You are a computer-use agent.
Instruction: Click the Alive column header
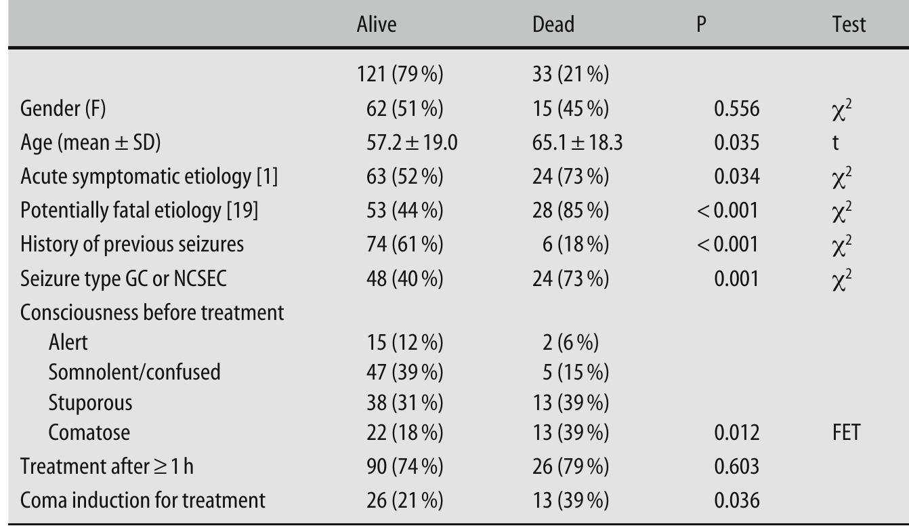tap(377, 25)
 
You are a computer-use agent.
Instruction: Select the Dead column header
tap(553, 25)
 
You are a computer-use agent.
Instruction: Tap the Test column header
tap(849, 25)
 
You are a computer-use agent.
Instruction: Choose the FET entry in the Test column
tap(845, 432)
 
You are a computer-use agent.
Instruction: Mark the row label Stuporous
tap(90, 403)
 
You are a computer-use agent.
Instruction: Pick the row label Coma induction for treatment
tap(143, 500)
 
